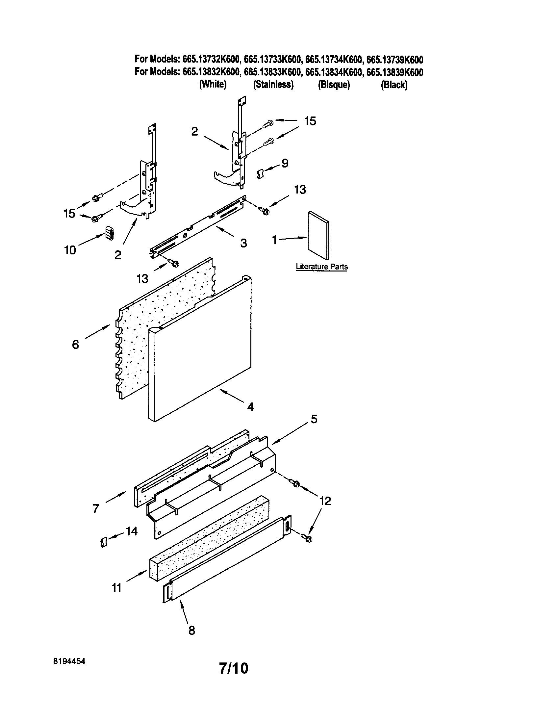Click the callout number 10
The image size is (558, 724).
point(70,250)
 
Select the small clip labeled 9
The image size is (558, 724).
point(261,173)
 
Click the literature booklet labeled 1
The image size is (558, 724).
point(318,235)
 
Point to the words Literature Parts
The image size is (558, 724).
point(321,267)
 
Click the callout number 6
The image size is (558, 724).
point(76,345)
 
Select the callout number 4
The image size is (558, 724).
point(250,407)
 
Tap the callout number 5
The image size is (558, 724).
point(314,419)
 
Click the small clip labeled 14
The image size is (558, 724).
point(104,543)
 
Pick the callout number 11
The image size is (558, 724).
point(116,588)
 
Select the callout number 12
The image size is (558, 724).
point(325,501)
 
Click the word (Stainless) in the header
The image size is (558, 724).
point(273,85)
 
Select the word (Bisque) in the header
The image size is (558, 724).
point(334,85)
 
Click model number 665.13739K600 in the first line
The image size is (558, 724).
point(394,60)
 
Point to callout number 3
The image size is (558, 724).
point(243,243)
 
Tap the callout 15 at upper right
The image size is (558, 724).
point(310,121)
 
